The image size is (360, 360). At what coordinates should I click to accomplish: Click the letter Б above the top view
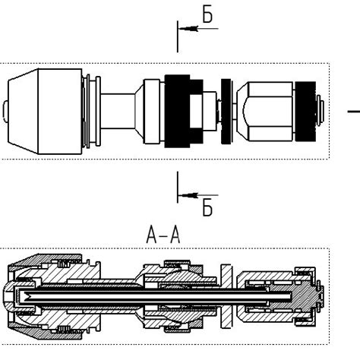coord(207,12)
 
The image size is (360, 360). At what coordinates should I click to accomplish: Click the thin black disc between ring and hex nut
coord(225,111)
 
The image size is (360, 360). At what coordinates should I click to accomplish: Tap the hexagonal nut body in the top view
coord(266,111)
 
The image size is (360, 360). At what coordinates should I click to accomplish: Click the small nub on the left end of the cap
coord(7,111)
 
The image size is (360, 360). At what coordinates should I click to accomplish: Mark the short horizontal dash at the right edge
coord(354,112)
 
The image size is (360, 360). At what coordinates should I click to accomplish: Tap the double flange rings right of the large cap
coord(90,111)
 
